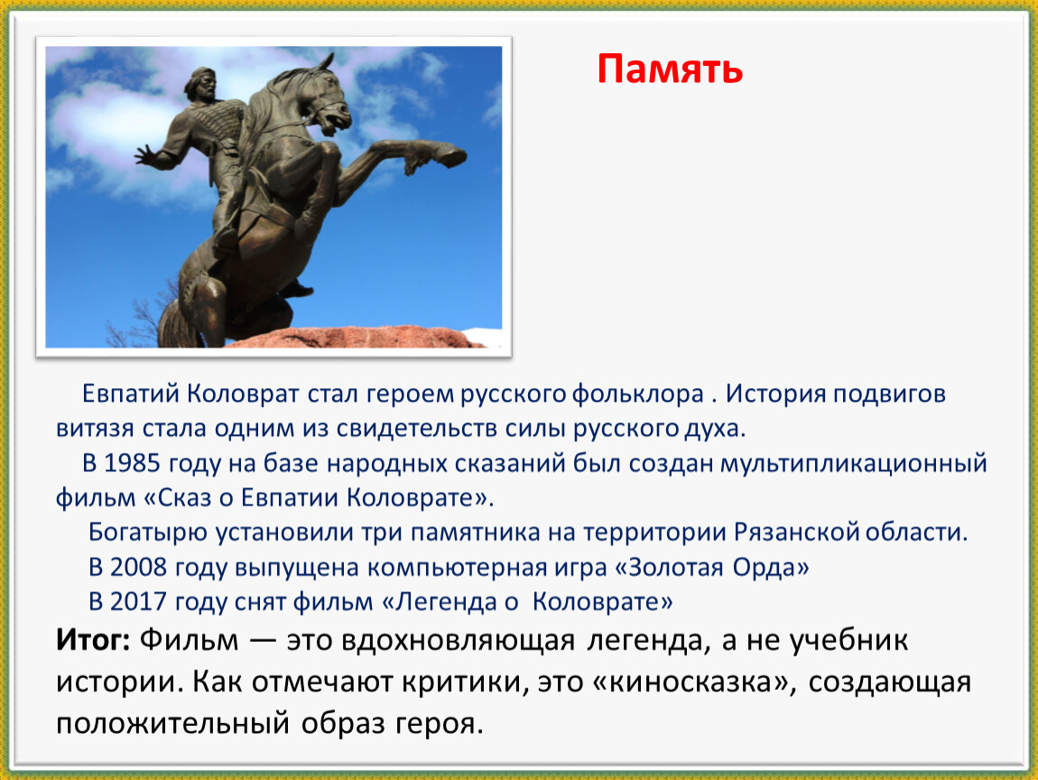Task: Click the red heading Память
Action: (x=670, y=69)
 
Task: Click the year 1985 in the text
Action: (x=132, y=463)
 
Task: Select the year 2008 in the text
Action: (x=138, y=568)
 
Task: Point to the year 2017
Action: (x=138, y=602)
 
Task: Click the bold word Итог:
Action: (x=93, y=640)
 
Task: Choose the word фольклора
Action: (x=637, y=394)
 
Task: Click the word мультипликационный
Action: (x=854, y=463)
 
